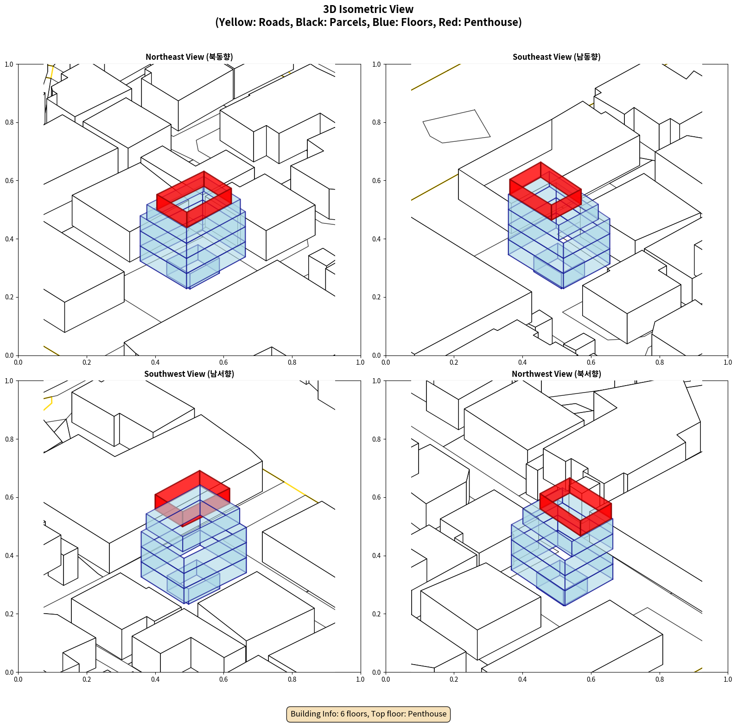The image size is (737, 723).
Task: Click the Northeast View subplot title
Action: click(189, 57)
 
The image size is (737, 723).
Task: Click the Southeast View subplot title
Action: click(556, 57)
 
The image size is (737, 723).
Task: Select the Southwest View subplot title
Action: click(189, 374)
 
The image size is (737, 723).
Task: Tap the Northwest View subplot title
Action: click(556, 374)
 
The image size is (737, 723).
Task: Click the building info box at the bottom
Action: click(368, 714)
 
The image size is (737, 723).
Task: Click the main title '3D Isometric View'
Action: click(368, 9)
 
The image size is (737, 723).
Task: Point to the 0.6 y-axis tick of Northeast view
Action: click(9, 181)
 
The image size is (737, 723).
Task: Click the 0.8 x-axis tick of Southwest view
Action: click(292, 679)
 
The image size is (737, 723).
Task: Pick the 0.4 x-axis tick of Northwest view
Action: click(522, 679)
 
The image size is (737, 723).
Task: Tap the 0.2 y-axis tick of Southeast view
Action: click(377, 297)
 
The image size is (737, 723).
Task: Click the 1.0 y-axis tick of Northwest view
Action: click(377, 381)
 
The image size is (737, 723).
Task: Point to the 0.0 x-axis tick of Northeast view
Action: click(18, 362)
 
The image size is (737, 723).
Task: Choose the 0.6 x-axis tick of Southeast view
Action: click(591, 362)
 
